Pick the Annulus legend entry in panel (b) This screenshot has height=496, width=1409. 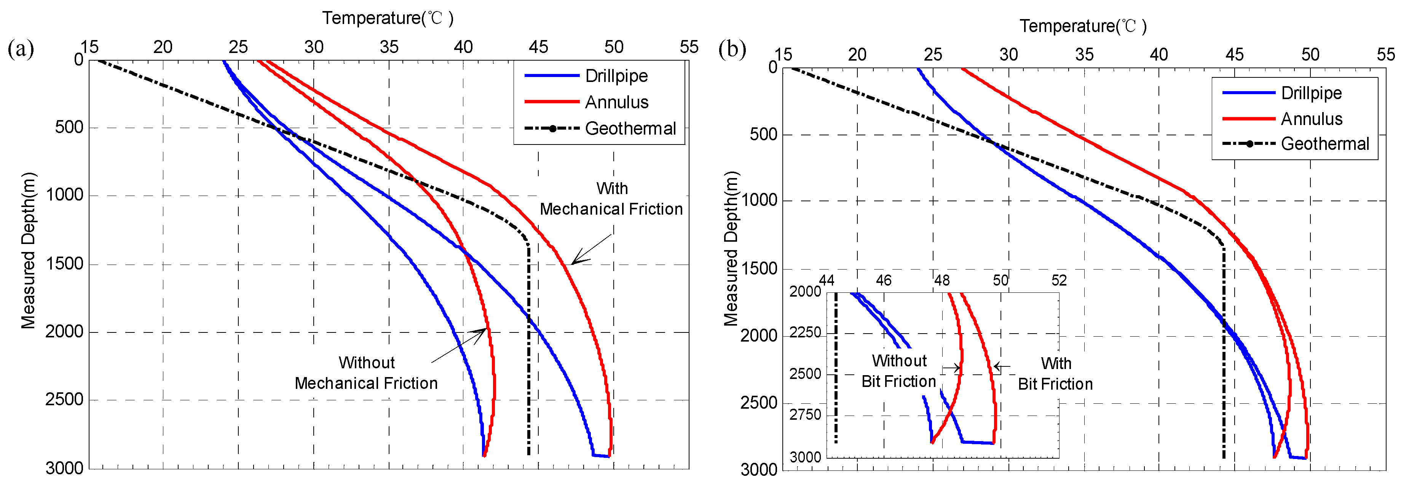pyautogui.click(x=1311, y=119)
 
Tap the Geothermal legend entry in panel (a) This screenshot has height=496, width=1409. pyautogui.click(x=630, y=128)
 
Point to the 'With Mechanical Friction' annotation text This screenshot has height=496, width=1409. pyautogui.click(x=611, y=199)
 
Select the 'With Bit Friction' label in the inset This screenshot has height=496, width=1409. pyautogui.click(x=1055, y=373)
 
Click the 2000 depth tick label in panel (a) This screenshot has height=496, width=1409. pyautogui.click(x=65, y=332)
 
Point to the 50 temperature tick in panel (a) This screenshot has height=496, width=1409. pyautogui.click(x=614, y=47)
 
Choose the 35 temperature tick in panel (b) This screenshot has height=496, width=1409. pyautogui.click(x=1084, y=55)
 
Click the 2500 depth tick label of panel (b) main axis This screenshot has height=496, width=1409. pyautogui.click(x=759, y=403)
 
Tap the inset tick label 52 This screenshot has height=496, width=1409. pyautogui.click(x=1059, y=281)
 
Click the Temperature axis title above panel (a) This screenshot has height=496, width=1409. pyautogui.click(x=387, y=18)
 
